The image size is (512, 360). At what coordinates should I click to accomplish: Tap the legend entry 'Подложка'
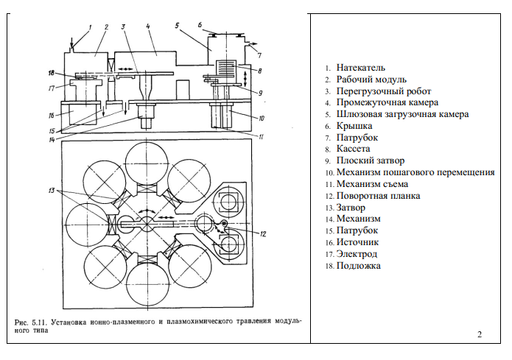[359, 266]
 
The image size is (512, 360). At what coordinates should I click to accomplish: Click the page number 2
[480, 336]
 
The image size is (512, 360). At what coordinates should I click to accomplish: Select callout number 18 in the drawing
[51, 72]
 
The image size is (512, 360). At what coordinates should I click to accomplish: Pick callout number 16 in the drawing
[51, 116]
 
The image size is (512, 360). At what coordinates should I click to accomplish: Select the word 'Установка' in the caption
[69, 322]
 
